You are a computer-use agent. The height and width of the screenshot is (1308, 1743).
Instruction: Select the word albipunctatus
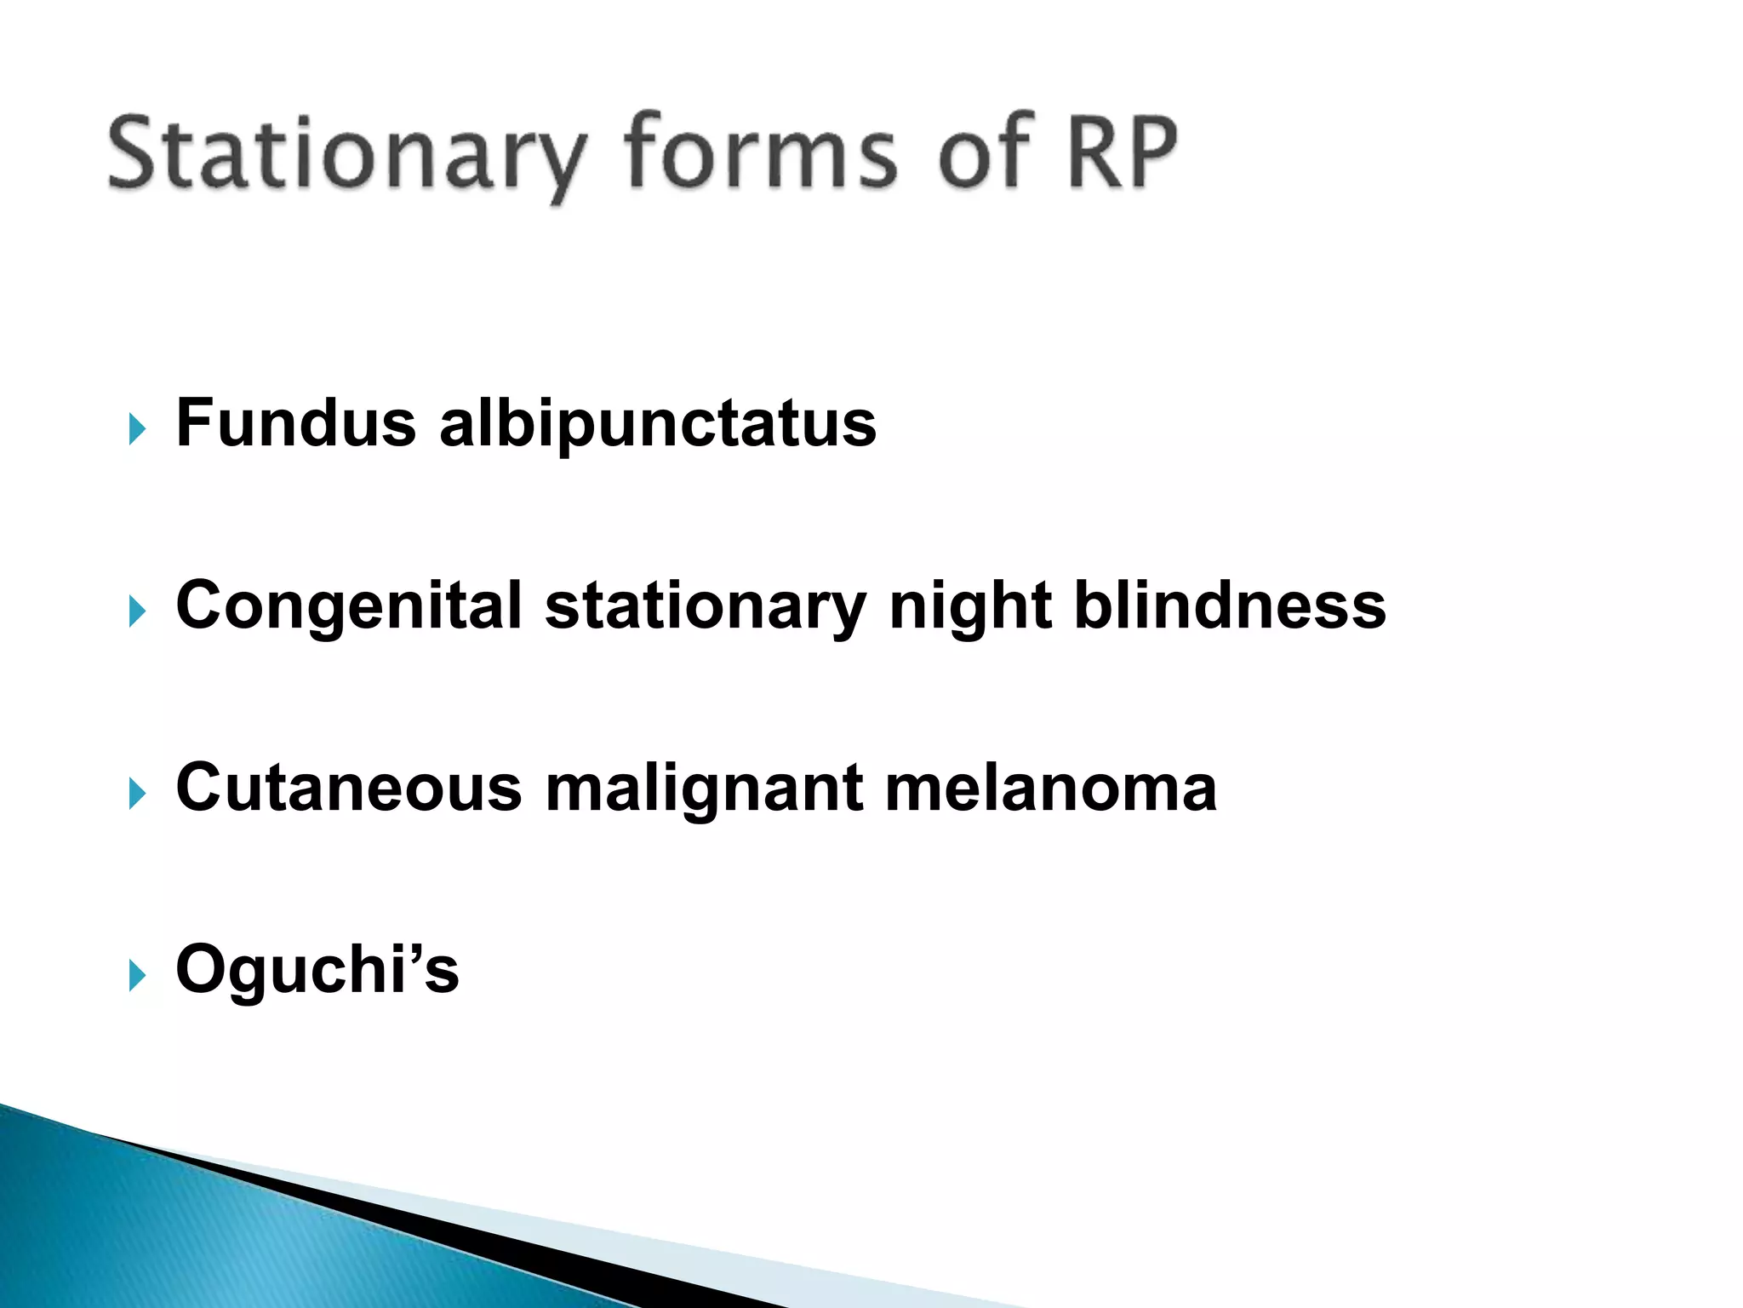(x=657, y=424)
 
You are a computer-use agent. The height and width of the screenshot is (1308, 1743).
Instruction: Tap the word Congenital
(x=348, y=606)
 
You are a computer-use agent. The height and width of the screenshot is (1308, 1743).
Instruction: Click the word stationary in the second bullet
(x=706, y=607)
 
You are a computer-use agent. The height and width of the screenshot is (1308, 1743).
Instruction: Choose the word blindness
(x=1230, y=605)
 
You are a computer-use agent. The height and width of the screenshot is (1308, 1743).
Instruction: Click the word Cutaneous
(x=348, y=788)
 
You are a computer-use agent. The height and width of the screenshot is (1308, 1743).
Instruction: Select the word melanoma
(x=1051, y=788)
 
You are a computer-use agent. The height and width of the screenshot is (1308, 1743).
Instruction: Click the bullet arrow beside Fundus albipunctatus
(x=137, y=428)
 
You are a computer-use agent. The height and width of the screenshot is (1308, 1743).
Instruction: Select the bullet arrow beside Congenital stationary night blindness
(x=137, y=611)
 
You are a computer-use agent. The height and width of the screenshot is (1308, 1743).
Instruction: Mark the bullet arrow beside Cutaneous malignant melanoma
(x=137, y=793)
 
